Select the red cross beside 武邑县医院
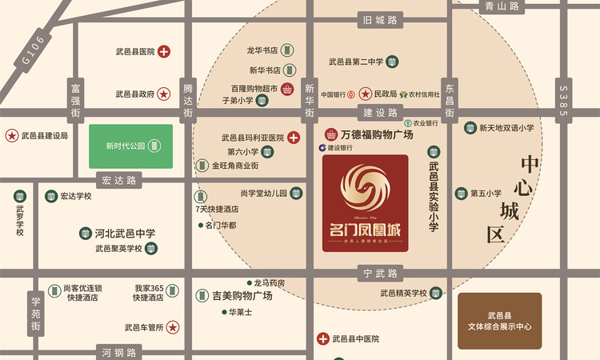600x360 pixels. [x=164, y=52]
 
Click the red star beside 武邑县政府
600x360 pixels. [x=163, y=94]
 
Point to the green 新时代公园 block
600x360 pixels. [x=130, y=146]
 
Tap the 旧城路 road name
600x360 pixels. [x=380, y=21]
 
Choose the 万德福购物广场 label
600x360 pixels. [x=376, y=135]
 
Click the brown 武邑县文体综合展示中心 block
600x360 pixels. [x=499, y=321]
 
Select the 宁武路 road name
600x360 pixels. [x=380, y=274]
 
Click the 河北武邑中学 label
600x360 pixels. [x=125, y=234]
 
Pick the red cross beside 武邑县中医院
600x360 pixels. [x=323, y=338]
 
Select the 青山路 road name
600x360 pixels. [x=503, y=6]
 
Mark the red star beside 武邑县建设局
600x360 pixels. [x=12, y=135]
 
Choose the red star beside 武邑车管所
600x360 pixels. [x=172, y=327]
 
